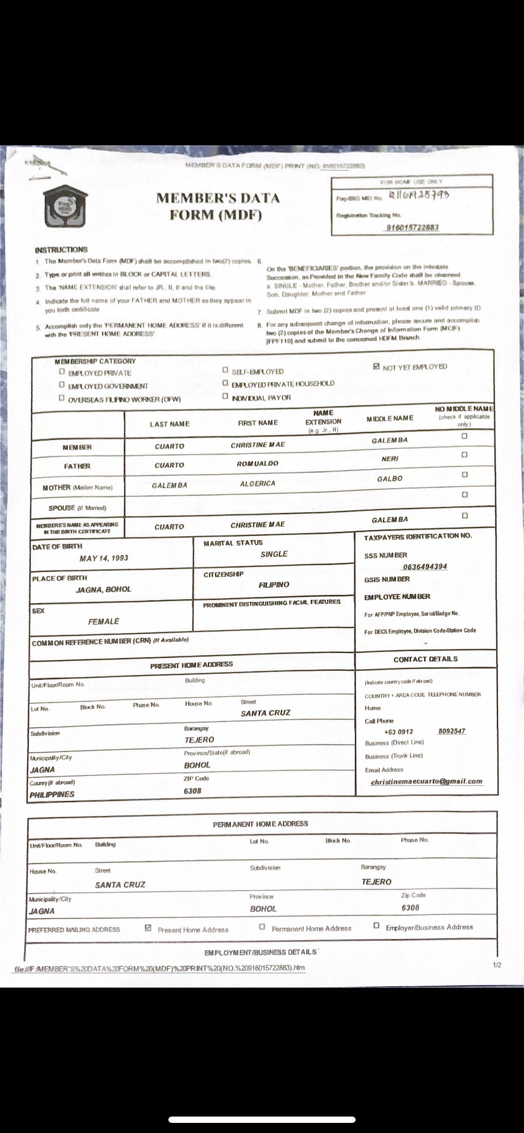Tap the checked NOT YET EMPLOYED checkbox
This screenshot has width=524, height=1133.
(377, 366)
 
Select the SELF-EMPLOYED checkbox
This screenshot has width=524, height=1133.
(225, 371)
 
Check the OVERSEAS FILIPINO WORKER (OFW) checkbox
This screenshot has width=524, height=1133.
(62, 398)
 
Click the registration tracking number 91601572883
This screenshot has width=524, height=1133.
(413, 228)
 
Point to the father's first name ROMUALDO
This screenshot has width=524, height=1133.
(258, 463)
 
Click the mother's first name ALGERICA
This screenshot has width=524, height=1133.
(258, 484)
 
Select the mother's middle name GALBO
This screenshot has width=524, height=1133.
(390, 479)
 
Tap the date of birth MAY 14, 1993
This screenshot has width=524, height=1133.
(104, 558)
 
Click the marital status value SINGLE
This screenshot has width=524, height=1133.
(274, 554)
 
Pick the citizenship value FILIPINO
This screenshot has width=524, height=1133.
(274, 585)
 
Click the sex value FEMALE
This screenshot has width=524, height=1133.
(104, 622)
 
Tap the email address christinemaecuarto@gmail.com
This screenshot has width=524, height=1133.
(426, 781)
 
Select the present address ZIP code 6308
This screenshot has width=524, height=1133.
(192, 791)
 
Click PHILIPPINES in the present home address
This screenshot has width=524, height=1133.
(52, 795)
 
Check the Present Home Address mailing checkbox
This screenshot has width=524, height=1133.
(148, 928)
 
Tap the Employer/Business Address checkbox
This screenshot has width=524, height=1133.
(377, 926)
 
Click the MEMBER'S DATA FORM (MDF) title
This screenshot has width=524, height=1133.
(218, 206)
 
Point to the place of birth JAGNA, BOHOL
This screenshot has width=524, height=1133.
(104, 589)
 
